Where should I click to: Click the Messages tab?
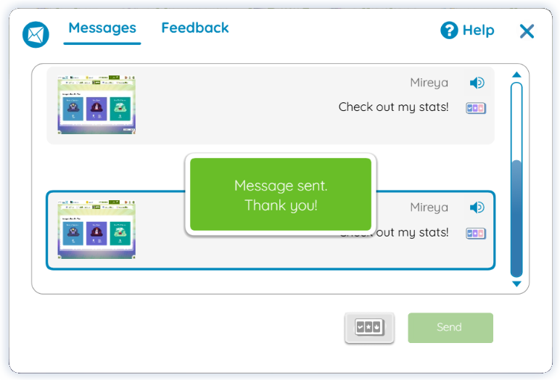[102, 28]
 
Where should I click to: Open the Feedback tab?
[195, 28]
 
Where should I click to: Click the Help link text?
[478, 30]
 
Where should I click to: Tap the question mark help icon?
[450, 30]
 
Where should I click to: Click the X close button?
[527, 31]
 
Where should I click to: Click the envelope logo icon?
[36, 34]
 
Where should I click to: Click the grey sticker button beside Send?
[369, 328]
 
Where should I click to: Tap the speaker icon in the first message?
[477, 83]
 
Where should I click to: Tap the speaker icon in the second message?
[477, 207]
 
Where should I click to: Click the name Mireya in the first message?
[429, 83]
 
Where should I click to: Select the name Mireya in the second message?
[429, 207]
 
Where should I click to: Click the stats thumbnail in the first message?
[96, 104]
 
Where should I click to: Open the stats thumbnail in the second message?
[96, 229]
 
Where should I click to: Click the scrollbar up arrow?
[516, 75]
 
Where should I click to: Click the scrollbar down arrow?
[516, 284]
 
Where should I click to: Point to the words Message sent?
[281, 186]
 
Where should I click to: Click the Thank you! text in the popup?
[281, 205]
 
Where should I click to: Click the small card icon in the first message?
[476, 108]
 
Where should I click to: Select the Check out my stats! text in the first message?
[393, 107]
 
